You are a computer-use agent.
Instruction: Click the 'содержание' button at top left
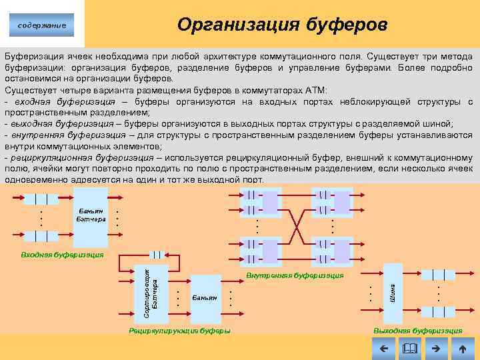[42, 26]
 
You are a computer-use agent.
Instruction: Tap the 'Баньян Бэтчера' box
[90, 215]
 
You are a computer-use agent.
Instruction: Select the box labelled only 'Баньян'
[205, 297]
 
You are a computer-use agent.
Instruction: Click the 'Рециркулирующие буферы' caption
[180, 331]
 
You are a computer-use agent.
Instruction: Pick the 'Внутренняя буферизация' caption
[294, 275]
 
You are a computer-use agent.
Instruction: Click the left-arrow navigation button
[383, 348]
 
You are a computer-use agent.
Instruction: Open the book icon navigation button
[409, 348]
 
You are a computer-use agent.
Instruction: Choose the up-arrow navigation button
[462, 348]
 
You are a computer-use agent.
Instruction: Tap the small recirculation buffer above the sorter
[157, 254]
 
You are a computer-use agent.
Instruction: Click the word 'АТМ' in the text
[319, 90]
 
